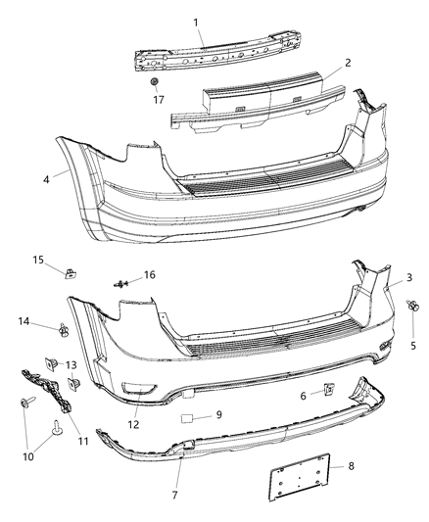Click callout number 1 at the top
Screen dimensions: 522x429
point(195,22)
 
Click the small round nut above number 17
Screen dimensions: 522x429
point(157,79)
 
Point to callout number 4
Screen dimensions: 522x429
point(46,178)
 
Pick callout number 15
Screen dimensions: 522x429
point(38,260)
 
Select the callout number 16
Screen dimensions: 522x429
point(150,276)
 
